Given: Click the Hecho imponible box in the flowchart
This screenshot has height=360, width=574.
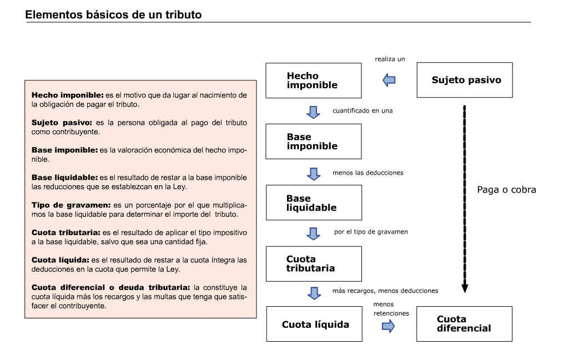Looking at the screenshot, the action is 313,80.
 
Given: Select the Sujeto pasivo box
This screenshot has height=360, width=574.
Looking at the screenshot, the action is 465,80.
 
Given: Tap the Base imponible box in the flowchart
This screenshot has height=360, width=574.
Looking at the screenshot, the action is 313,141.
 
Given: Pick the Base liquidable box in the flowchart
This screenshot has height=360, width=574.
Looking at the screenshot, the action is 314,202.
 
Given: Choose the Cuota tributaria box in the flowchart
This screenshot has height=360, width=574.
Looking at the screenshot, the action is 314,264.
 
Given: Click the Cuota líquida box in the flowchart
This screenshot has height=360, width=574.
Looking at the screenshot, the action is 314,324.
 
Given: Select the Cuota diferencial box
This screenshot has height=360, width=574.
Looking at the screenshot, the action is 464,324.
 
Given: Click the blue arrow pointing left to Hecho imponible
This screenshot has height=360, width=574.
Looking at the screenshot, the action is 389,80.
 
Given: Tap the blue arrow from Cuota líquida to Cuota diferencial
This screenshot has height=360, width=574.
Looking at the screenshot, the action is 388,326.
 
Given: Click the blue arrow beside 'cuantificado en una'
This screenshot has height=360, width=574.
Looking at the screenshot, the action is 313,112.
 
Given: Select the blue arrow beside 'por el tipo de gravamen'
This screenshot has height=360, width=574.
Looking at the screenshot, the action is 313,234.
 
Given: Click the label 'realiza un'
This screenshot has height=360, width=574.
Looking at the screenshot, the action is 390,59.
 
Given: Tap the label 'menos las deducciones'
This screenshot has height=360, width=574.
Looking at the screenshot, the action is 368,173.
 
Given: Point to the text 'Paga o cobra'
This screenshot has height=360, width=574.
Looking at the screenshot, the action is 507,190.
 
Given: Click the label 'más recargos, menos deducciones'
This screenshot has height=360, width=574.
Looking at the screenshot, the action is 385,291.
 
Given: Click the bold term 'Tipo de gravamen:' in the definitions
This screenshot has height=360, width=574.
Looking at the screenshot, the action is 71,205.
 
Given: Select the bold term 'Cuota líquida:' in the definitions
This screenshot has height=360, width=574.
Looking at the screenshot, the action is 61,260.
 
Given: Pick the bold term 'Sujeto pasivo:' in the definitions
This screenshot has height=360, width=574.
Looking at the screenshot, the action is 62,123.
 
